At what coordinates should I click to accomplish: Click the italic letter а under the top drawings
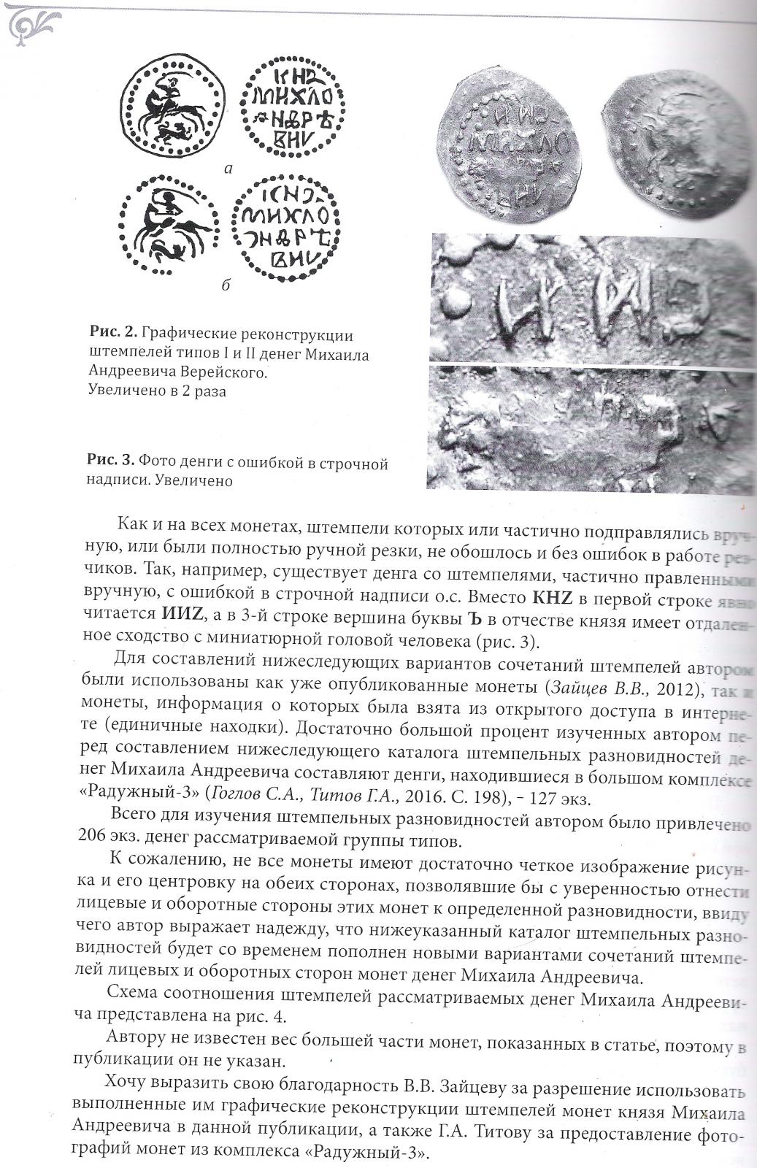click(228, 169)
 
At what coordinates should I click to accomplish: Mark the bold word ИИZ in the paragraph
click(181, 615)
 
